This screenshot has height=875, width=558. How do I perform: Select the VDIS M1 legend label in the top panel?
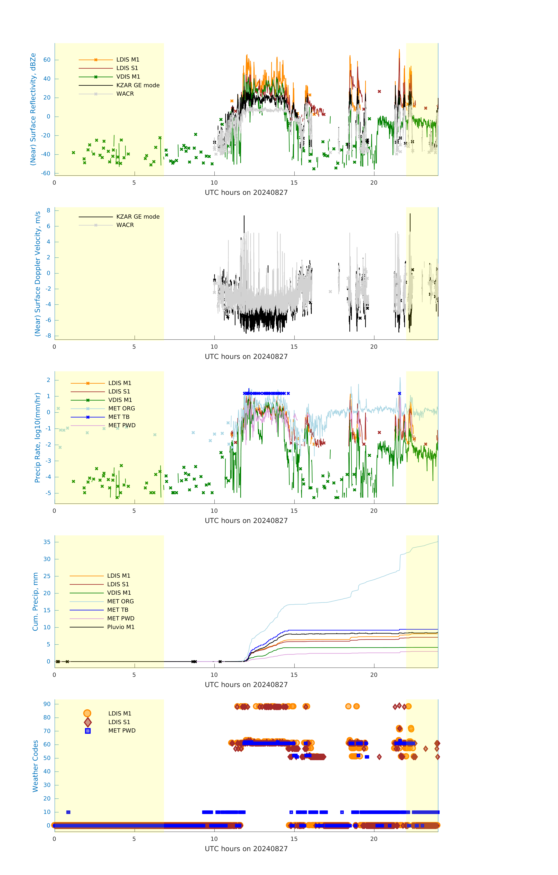[128, 77]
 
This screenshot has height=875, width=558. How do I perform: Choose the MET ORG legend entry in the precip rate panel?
[121, 408]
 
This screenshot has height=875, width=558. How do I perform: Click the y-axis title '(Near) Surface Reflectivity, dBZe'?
[33, 109]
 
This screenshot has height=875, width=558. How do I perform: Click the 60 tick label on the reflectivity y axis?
[47, 60]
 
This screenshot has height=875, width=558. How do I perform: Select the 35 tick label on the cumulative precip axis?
[47, 542]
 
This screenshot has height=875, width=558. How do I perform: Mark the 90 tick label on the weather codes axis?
[47, 704]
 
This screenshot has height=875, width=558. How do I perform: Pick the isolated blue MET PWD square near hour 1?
[68, 812]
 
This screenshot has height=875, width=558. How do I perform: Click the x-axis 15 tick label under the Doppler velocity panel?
[294, 347]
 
